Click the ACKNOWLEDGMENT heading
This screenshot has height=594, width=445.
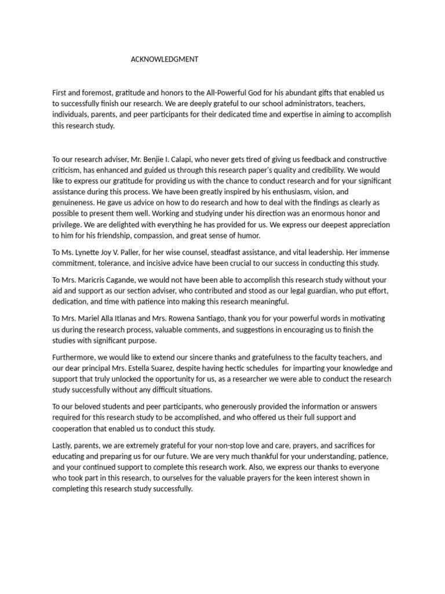(165, 59)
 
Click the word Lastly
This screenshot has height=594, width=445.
(63, 445)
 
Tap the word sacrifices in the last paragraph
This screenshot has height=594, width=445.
(339, 445)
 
